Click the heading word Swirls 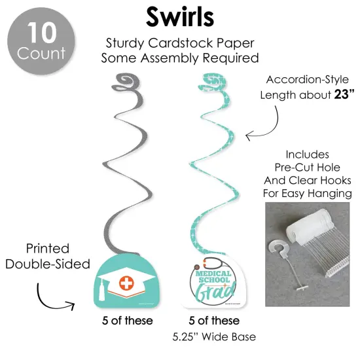[180, 17]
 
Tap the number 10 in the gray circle [42, 33]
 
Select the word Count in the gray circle [41, 53]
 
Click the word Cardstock [181, 43]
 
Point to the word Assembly [170, 58]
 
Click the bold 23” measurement [344, 94]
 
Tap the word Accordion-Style [308, 80]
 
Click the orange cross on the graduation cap [126, 283]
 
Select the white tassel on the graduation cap [102, 290]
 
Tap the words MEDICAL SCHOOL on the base [213, 277]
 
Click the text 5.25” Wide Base [214, 337]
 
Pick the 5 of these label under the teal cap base [128, 321]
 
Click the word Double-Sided [48, 264]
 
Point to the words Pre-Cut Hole [308, 168]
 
